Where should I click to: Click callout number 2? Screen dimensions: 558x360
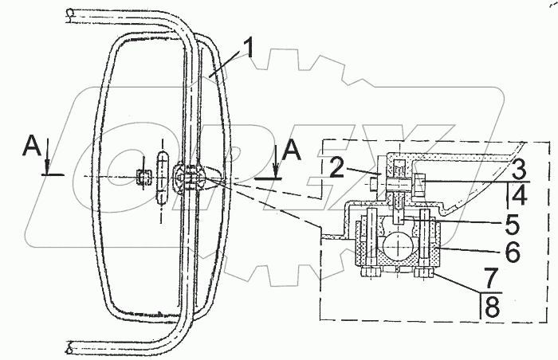337,168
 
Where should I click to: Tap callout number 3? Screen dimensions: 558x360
518,170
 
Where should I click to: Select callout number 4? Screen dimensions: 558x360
519,194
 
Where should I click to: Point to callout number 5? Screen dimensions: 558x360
512,225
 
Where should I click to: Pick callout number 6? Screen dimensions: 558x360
513,252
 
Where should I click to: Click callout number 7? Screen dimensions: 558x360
491,279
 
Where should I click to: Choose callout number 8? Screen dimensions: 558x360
492,307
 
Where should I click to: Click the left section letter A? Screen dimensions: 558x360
33,147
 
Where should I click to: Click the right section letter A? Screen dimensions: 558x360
292,150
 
